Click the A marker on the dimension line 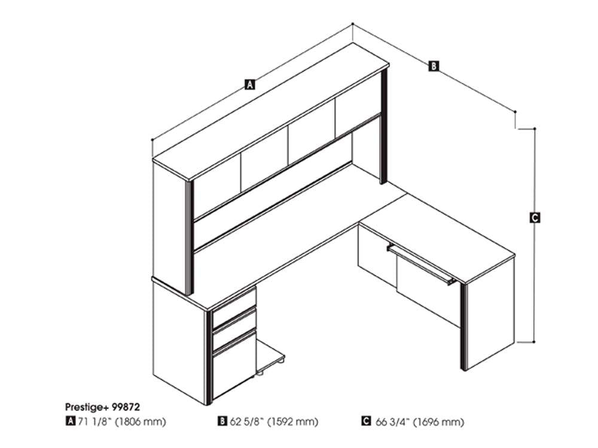point(250,84)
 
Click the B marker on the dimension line point(434,66)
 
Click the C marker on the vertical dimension point(535,217)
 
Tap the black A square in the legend point(70,421)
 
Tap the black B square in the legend point(222,421)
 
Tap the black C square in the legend point(366,421)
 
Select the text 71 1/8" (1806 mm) point(122,421)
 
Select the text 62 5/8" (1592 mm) point(274,421)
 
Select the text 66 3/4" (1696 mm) point(420,422)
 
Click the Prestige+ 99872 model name point(103,407)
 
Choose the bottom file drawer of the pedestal point(234,366)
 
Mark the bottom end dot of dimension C point(534,342)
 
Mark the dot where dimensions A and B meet point(353,24)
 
